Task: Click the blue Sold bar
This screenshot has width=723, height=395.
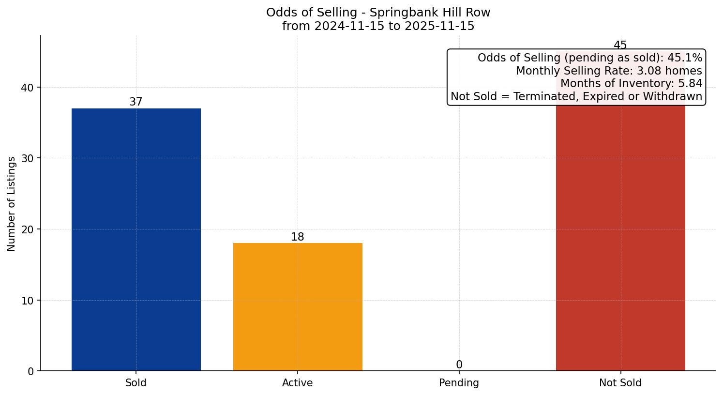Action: click(136, 240)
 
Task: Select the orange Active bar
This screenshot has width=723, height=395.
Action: click(298, 307)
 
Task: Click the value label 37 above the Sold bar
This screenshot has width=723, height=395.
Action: click(136, 102)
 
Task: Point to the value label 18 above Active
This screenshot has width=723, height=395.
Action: click(298, 237)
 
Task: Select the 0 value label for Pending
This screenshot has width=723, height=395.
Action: click(459, 365)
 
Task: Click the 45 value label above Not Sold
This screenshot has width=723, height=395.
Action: click(620, 46)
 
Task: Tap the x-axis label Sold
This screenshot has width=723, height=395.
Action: click(136, 383)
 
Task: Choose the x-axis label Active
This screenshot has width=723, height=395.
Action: click(298, 383)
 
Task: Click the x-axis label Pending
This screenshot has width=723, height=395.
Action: click(459, 383)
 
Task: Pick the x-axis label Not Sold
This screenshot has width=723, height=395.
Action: click(620, 383)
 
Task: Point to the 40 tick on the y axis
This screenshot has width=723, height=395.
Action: click(27, 88)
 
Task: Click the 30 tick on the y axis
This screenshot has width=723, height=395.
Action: click(27, 158)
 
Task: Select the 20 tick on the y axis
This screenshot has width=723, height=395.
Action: click(27, 229)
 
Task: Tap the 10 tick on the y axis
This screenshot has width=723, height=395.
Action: click(27, 300)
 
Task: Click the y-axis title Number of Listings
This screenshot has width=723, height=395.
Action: click(12, 203)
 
